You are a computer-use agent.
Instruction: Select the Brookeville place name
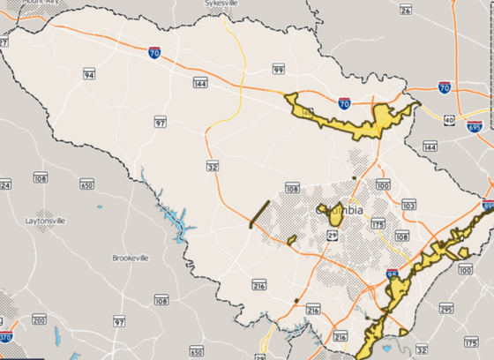[x=130, y=258]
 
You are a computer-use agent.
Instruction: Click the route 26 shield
[x=406, y=10]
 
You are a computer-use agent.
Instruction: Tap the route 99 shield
[x=278, y=69]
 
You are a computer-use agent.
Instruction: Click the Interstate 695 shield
[x=475, y=126]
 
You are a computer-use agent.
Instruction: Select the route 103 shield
[x=408, y=205]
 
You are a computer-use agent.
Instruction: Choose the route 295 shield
[x=446, y=310]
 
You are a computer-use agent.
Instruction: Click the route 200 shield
[x=39, y=318]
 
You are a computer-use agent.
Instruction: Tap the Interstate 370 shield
[x=5, y=335]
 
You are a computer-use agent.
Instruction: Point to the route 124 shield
[x=4, y=185]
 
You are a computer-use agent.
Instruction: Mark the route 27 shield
[x=4, y=41]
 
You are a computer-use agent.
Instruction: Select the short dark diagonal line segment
[x=258, y=214]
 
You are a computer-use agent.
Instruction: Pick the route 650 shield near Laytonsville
[x=86, y=184]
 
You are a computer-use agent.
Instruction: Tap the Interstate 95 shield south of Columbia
[x=392, y=276]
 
